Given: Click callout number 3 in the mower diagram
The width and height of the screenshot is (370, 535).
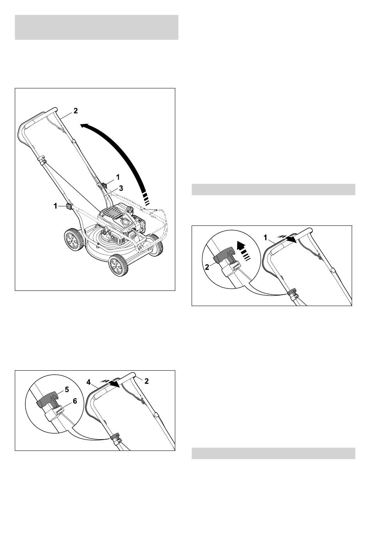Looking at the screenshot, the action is click(121, 188).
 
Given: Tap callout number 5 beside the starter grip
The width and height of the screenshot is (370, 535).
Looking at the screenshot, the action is click(67, 389).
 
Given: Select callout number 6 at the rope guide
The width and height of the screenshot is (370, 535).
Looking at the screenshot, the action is click(75, 401).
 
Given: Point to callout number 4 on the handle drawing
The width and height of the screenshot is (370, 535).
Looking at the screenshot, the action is click(89, 382).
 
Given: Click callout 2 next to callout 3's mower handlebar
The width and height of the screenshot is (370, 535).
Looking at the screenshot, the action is click(76, 111).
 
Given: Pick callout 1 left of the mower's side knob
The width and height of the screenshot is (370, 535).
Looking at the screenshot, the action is click(55, 206).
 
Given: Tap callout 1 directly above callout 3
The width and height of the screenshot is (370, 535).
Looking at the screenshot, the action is click(118, 177).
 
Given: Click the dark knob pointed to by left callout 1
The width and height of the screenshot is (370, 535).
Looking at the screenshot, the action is click(69, 206).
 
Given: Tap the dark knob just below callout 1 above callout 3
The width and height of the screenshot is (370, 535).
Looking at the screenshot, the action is click(104, 185).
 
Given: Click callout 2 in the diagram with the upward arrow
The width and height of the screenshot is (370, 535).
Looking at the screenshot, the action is click(207, 267).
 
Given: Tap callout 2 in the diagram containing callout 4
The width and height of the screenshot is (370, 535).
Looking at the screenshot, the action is click(146, 381).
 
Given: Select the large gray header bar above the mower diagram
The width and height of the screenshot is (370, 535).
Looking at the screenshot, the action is click(97, 27).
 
